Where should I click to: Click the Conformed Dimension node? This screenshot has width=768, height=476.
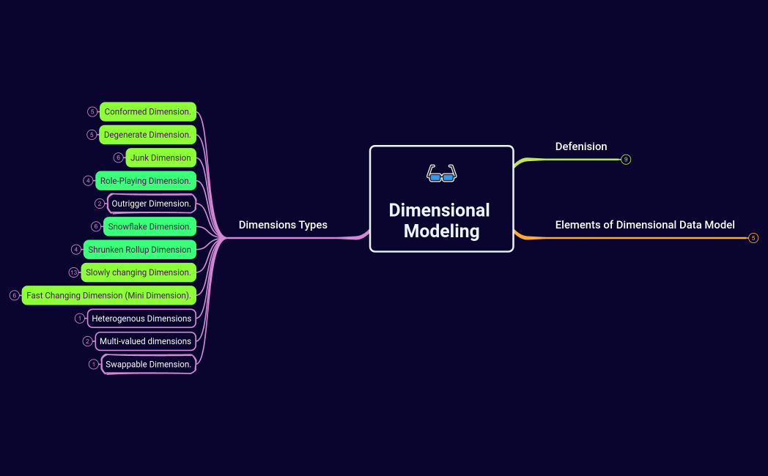pyautogui.click(x=148, y=112)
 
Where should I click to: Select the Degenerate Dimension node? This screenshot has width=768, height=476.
pyautogui.click(x=147, y=135)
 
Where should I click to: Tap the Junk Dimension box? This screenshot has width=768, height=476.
pyautogui.click(x=160, y=157)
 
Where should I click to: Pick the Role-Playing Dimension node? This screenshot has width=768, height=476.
pyautogui.click(x=146, y=181)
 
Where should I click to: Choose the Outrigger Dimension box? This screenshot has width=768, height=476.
pyautogui.click(x=151, y=204)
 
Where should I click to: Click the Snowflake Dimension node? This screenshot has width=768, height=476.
pyautogui.click(x=149, y=227)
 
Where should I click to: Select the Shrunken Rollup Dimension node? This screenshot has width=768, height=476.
pyautogui.click(x=139, y=250)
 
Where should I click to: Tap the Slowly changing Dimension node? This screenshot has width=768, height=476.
pyautogui.click(x=139, y=272)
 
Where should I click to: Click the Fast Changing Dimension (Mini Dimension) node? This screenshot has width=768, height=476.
pyautogui.click(x=108, y=296)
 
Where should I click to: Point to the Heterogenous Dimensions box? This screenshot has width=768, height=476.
pyautogui.click(x=141, y=319)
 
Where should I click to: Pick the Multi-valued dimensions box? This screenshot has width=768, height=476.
pyautogui.click(x=145, y=341)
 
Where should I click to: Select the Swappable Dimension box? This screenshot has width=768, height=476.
pyautogui.click(x=148, y=364)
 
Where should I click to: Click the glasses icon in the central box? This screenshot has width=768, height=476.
pyautogui.click(x=441, y=174)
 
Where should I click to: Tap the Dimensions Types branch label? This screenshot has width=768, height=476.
pyautogui.click(x=283, y=225)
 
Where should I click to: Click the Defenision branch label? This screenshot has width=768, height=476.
pyautogui.click(x=581, y=146)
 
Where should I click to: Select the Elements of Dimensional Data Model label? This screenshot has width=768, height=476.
pyautogui.click(x=645, y=225)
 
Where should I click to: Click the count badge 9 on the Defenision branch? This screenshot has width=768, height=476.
pyautogui.click(x=626, y=159)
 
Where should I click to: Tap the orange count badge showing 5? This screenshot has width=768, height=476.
pyautogui.click(x=753, y=238)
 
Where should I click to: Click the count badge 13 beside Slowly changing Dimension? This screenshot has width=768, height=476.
pyautogui.click(x=73, y=272)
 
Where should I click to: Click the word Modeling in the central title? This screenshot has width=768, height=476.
pyautogui.click(x=441, y=231)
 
